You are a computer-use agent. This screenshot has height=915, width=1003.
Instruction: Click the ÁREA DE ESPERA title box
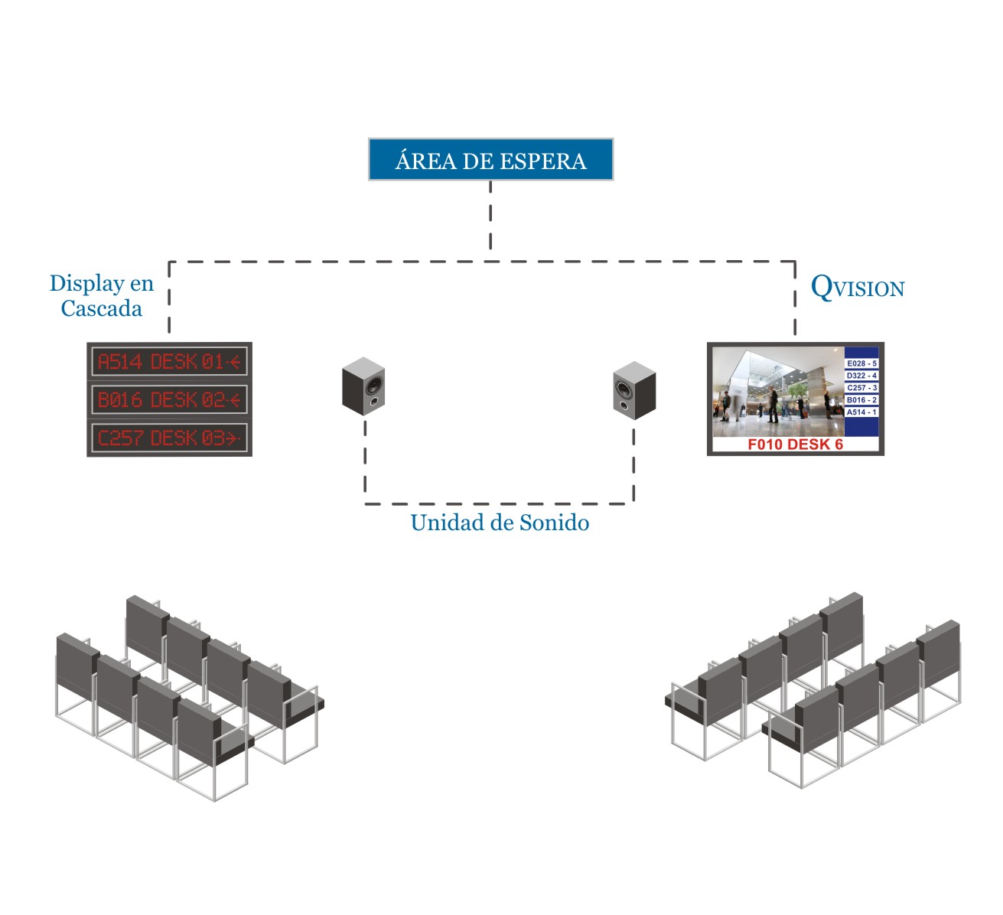click(x=490, y=159)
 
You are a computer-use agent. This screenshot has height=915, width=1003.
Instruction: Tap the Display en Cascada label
click(x=102, y=296)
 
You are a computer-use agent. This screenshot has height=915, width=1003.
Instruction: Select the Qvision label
click(x=857, y=288)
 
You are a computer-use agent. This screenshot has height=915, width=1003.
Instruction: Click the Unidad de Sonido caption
click(x=500, y=523)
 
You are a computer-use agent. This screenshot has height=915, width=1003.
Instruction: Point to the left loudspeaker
click(x=363, y=386)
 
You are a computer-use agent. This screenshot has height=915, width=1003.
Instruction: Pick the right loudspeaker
click(x=634, y=389)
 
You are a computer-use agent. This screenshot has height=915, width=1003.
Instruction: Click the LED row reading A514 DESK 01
click(x=169, y=361)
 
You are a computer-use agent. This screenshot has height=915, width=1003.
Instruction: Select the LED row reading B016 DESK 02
click(x=169, y=399)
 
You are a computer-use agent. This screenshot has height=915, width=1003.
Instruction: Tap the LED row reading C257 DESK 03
click(x=169, y=438)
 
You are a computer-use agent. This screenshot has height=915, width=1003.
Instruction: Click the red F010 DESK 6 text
click(x=795, y=444)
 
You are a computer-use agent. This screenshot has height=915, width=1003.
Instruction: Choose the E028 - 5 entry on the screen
click(x=861, y=363)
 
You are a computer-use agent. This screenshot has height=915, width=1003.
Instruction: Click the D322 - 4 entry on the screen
click(x=861, y=376)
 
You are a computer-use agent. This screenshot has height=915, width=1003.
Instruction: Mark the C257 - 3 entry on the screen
click(x=861, y=388)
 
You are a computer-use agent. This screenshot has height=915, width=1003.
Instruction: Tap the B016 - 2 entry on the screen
click(x=861, y=400)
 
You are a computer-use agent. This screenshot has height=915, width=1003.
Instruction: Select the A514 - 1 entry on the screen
click(x=861, y=412)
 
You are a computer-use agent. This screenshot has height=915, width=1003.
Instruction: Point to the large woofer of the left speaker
click(x=374, y=382)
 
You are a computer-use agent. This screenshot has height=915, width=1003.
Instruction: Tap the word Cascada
click(x=102, y=308)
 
